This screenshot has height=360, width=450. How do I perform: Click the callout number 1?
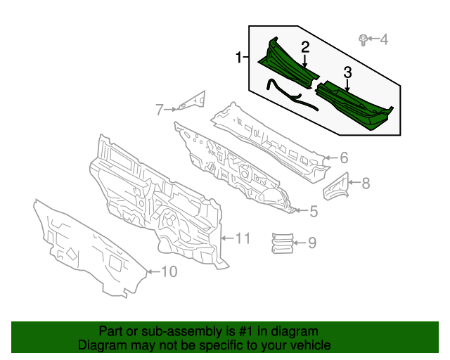click(x=238, y=57)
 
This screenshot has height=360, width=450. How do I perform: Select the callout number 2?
click(x=305, y=47)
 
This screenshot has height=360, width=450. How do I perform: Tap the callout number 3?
click(x=347, y=72)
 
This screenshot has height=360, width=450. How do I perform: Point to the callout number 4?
click(x=384, y=39)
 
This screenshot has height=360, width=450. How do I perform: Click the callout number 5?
click(x=314, y=211)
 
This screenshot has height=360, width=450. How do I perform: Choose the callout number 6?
click(x=345, y=157)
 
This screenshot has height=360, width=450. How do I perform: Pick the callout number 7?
click(x=160, y=109)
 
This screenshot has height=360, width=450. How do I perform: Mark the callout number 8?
click(x=365, y=184)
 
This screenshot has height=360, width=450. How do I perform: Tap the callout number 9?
click(x=312, y=243)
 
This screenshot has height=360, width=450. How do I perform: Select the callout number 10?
click(x=169, y=271)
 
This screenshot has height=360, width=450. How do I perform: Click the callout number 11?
click(x=242, y=239)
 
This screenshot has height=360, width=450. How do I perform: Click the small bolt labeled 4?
click(x=362, y=39)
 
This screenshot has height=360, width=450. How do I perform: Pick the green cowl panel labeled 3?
click(x=355, y=106)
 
